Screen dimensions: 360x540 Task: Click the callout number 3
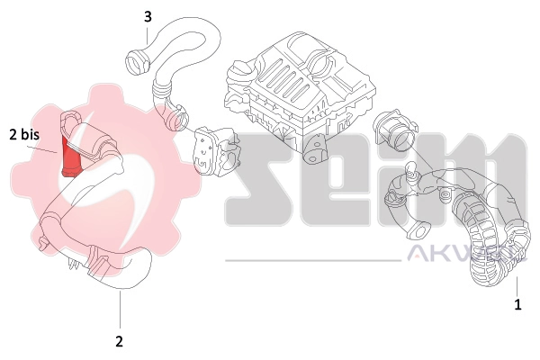pos(148,16)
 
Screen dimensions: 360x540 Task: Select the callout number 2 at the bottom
pos(119,341)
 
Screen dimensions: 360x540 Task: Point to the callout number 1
pos(517,305)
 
